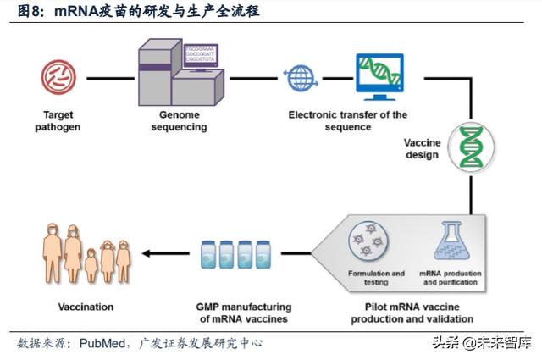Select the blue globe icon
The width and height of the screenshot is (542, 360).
(x=300, y=79)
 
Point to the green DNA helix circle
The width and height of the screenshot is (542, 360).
(x=469, y=145)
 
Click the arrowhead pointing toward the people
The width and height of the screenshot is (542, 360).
(x=147, y=252)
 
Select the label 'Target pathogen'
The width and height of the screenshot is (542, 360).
(x=55, y=120)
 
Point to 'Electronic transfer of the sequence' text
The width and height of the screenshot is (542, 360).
(x=347, y=120)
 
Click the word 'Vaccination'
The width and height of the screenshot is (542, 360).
(x=86, y=307)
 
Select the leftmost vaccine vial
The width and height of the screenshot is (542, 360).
(x=208, y=253)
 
